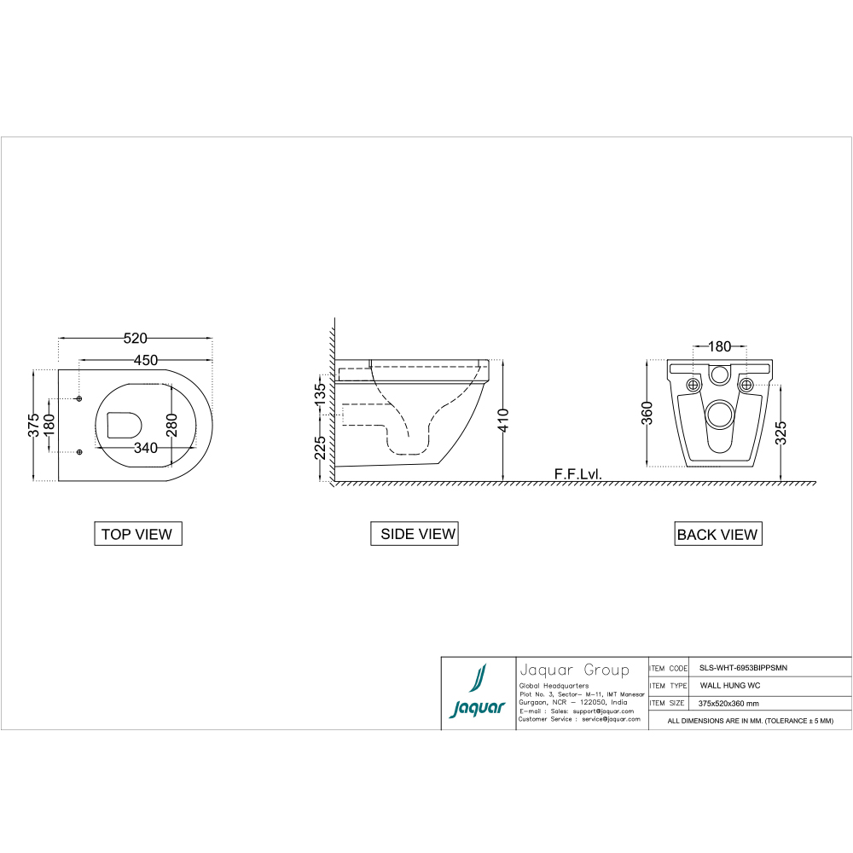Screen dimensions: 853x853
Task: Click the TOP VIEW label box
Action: pos(136,534)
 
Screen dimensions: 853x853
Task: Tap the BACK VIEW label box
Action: pos(717,535)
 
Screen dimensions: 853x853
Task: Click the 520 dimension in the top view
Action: pos(136,338)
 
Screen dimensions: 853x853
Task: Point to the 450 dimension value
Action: pos(145,360)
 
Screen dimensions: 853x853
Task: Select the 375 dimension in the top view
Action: pos(32,425)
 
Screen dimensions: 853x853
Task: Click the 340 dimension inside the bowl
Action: pos(145,448)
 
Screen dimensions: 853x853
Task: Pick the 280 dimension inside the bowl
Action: pos(171,424)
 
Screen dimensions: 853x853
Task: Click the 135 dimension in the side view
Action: pos(320,394)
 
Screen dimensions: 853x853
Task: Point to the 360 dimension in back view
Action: pos(647,414)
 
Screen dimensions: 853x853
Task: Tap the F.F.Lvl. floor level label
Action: pos(577,473)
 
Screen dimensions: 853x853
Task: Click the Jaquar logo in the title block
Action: pos(479,693)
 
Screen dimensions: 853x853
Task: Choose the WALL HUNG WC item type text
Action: pos(730,686)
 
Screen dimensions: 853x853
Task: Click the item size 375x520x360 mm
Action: pos(728,704)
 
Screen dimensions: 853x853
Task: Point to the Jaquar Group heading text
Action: pos(574,670)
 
